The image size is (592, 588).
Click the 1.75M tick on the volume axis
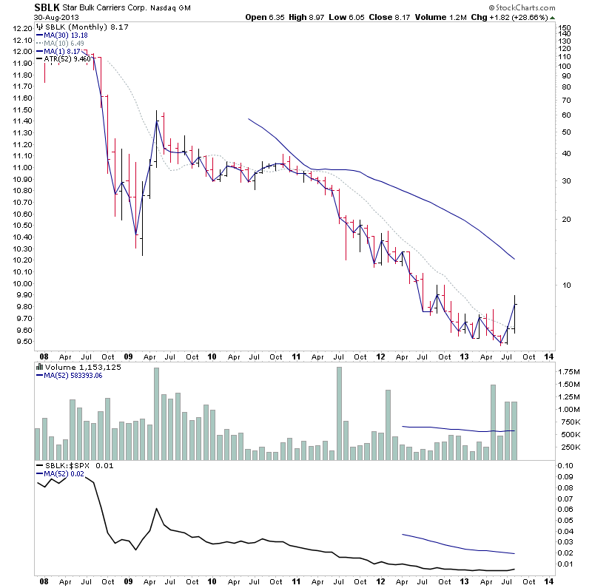[x=568, y=371]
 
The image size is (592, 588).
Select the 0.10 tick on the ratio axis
[x=565, y=465]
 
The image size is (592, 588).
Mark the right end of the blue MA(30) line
[x=514, y=259]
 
